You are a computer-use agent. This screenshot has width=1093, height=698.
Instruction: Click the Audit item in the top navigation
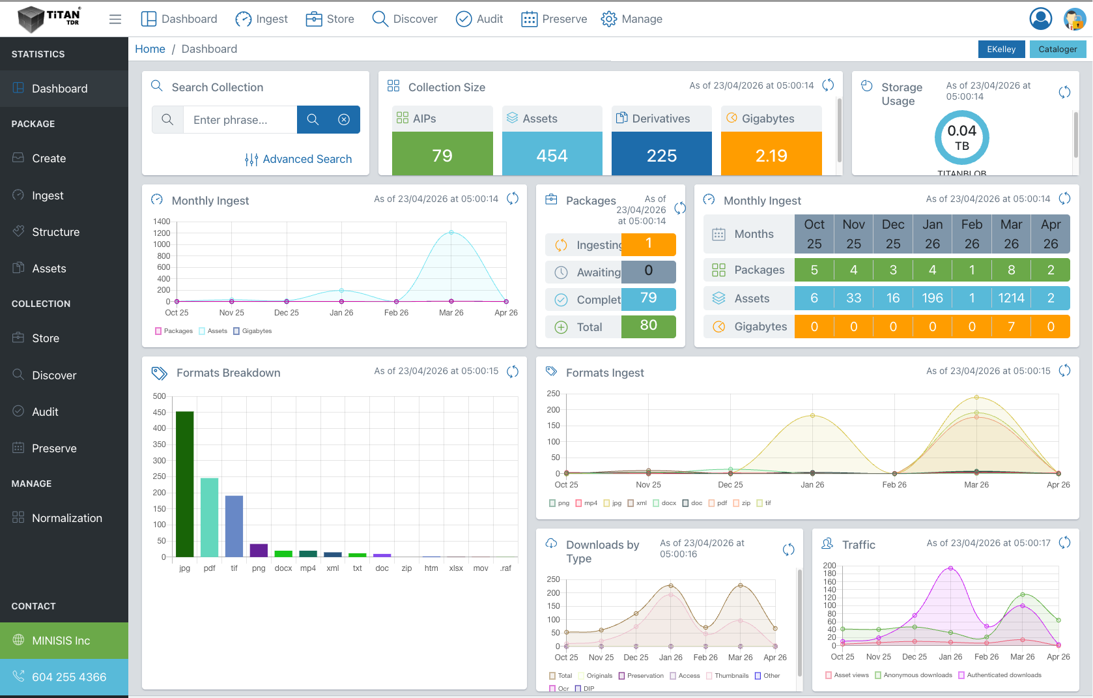coord(479,19)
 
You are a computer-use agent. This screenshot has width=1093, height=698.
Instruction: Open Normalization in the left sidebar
coord(66,518)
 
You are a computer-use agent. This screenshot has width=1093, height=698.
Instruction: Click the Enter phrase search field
coord(240,120)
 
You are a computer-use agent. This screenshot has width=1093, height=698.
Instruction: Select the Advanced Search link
coord(298,159)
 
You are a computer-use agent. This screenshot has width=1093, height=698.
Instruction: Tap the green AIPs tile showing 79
coord(442,155)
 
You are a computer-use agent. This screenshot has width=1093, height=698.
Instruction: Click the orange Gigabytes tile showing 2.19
coord(771,155)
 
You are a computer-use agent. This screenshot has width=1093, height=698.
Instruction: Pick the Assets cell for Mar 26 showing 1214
coord(1011,298)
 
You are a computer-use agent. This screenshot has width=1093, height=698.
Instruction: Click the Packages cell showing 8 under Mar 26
coord(1011,270)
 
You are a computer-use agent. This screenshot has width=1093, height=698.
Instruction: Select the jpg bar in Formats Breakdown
coord(185,484)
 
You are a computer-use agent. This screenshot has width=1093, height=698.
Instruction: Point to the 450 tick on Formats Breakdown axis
coord(159,413)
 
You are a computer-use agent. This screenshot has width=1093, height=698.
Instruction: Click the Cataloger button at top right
coord(1057,49)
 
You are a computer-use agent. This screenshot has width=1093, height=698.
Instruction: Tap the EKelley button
coord(1001,49)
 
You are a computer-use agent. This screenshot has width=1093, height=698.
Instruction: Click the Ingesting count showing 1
coord(648,244)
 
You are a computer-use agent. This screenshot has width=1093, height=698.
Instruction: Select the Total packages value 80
coord(648,325)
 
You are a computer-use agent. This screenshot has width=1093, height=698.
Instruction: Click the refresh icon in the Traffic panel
coord(1064,542)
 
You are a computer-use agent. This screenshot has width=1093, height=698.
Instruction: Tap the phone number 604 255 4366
coord(69,677)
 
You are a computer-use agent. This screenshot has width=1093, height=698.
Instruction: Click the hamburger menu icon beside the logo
coord(115,19)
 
